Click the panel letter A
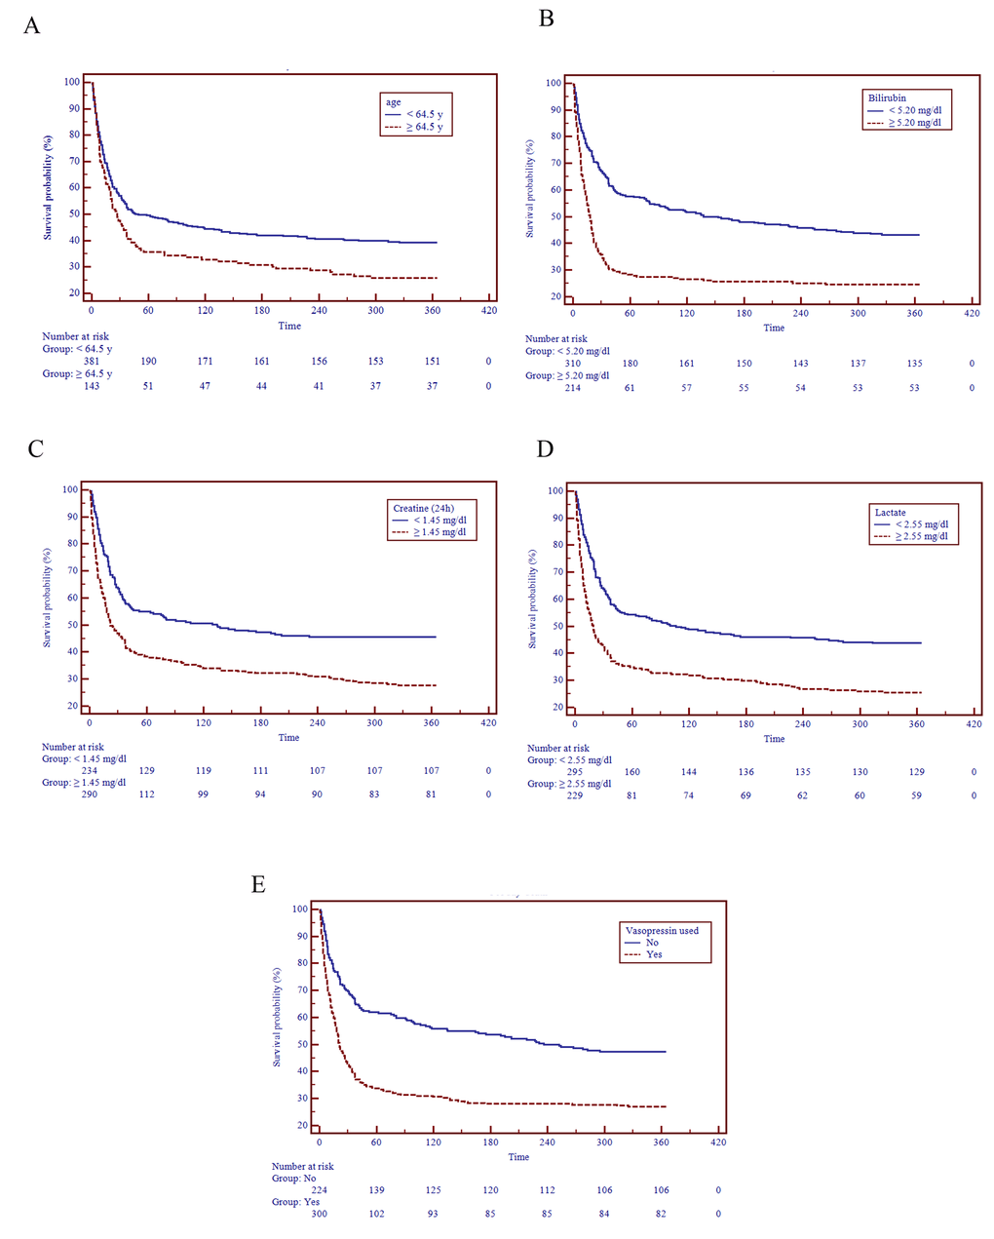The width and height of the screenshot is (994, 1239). click(32, 26)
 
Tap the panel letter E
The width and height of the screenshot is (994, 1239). click(258, 884)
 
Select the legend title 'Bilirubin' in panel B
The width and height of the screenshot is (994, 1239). click(888, 97)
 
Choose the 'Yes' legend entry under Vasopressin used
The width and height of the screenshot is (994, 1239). click(654, 954)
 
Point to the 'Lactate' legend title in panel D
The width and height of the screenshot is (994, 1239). click(890, 512)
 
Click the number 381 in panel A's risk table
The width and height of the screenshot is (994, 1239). click(91, 361)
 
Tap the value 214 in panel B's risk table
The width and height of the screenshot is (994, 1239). click(573, 388)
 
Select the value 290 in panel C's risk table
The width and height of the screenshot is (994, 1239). click(90, 794)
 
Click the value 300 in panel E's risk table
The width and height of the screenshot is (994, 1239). click(319, 1214)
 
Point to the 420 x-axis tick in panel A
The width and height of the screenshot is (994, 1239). click(489, 310)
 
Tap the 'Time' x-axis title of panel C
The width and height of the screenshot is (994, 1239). click(289, 737)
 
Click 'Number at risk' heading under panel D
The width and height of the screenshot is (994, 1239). click(558, 749)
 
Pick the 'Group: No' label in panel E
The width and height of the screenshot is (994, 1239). click(294, 1179)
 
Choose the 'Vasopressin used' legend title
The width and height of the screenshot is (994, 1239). click(662, 930)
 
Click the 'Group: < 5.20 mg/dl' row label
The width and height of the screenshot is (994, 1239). click(567, 351)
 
